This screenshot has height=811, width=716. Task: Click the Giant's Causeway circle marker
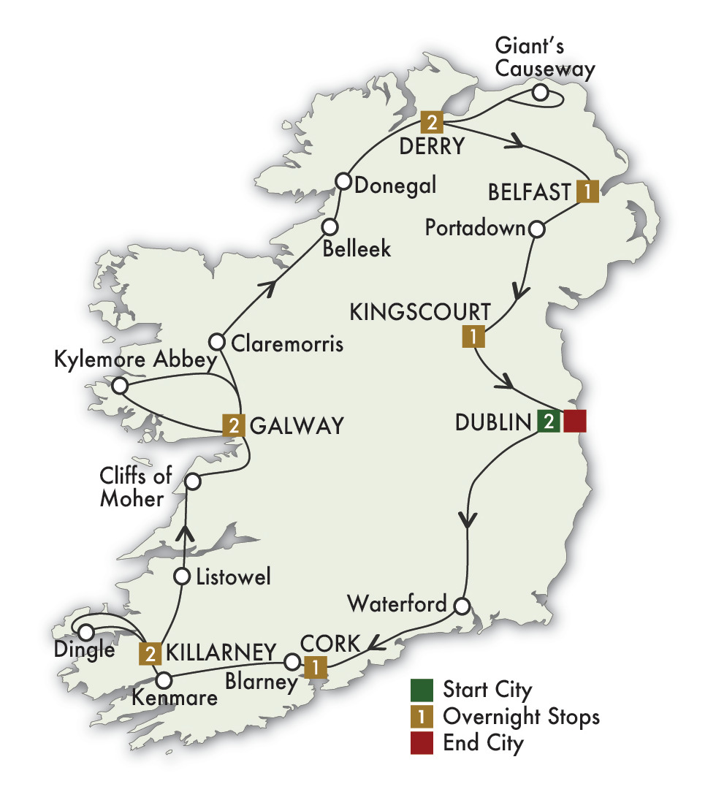tap(540, 92)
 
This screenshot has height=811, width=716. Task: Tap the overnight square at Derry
tap(432, 121)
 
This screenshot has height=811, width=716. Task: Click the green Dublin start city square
tap(548, 422)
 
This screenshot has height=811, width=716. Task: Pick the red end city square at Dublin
tap(575, 422)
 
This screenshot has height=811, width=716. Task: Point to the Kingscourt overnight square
tap(473, 337)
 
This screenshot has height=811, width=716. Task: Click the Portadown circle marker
tap(536, 229)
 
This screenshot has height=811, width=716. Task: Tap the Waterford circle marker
tap(461, 606)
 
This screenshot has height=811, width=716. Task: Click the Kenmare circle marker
tap(164, 679)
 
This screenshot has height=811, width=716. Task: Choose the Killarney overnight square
tap(150, 652)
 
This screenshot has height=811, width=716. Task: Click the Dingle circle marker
tap(86, 632)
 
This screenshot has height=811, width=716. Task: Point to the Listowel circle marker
tap(183, 576)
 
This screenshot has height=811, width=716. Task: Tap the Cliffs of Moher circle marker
tap(192, 481)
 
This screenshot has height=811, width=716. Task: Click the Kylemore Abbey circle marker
tap(119, 385)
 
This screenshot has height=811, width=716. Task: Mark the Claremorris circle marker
tap(216, 341)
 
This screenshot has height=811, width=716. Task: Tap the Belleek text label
tap(358, 248)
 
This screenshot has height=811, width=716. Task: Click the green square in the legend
tap(422, 690)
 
